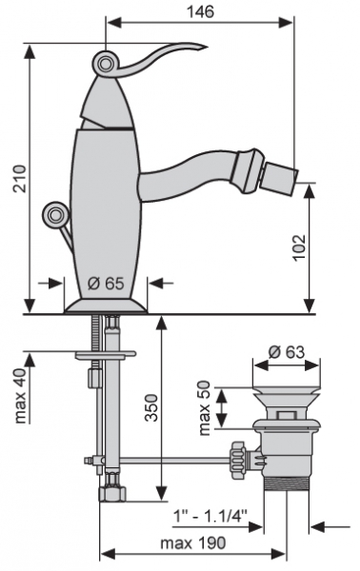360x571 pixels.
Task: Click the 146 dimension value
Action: click(x=200, y=11)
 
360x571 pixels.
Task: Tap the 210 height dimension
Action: click(x=20, y=179)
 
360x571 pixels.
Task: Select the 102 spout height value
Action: click(x=299, y=247)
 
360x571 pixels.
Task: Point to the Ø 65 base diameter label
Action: click(x=106, y=283)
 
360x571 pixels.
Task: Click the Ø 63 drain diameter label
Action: click(x=287, y=352)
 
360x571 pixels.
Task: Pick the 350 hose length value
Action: click(x=151, y=408)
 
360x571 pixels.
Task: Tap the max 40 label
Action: click(x=22, y=396)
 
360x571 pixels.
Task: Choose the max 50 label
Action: click(x=205, y=408)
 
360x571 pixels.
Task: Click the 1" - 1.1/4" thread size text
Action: click(x=210, y=516)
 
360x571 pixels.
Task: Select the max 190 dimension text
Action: click(x=193, y=543)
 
